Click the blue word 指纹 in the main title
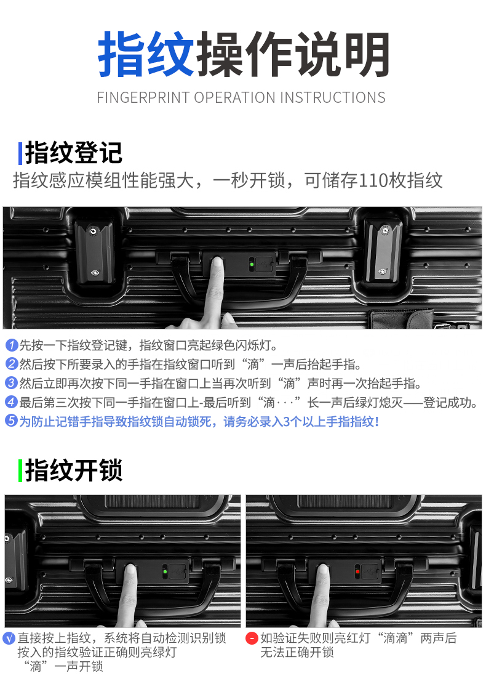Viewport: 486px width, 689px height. (146, 54)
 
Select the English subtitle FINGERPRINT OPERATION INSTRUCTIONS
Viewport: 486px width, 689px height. (241, 97)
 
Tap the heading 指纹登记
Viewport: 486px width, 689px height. (74, 153)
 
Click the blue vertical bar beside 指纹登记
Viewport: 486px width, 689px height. (20, 153)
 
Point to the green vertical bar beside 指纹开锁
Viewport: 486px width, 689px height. (20, 470)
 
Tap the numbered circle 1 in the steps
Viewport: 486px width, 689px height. (12, 345)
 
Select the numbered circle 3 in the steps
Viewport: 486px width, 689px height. (12, 383)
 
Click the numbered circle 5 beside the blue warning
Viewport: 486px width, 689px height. (12, 421)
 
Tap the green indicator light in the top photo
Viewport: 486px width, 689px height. (252, 264)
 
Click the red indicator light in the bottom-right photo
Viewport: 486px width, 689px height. (357, 571)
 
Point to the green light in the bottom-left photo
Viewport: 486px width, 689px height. (165, 571)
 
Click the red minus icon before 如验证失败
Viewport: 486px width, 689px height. (252, 638)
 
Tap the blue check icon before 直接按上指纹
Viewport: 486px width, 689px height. (9, 638)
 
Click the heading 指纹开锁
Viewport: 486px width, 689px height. (74, 470)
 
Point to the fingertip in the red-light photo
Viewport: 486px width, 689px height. (323, 573)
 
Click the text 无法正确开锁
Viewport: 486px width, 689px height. (297, 653)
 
